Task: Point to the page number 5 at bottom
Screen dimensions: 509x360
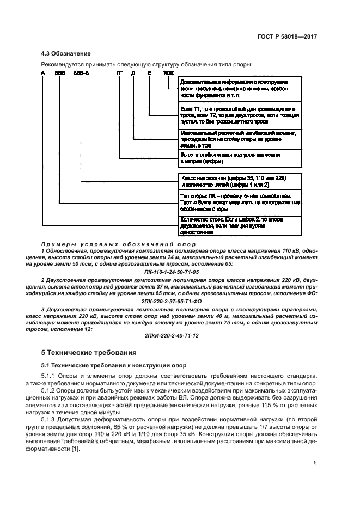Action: (315, 463)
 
